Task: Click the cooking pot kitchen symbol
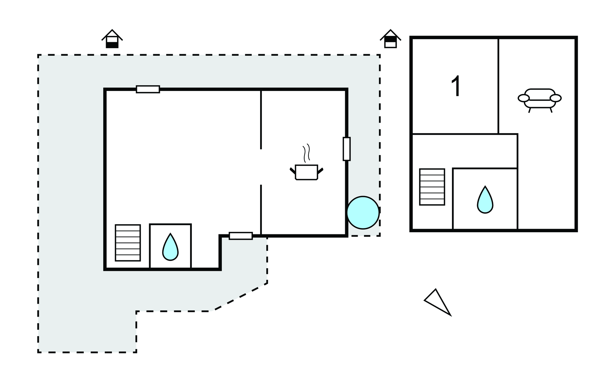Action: (x=306, y=172)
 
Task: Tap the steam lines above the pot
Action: (x=306, y=153)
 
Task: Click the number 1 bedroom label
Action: (x=456, y=86)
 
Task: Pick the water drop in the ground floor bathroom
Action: (x=170, y=247)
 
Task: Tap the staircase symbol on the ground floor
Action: (x=128, y=243)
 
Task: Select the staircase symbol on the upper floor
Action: (x=432, y=187)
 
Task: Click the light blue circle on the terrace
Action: (x=363, y=213)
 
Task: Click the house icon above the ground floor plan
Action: (x=112, y=39)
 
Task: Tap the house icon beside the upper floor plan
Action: (x=390, y=39)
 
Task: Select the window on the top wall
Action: (x=148, y=89)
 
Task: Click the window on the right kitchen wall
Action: (x=347, y=149)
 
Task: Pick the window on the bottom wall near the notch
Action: (x=241, y=236)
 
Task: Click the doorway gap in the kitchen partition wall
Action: (x=261, y=167)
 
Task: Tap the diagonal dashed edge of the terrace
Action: (x=239, y=297)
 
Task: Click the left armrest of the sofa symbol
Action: (x=524, y=98)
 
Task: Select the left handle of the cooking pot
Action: (x=293, y=171)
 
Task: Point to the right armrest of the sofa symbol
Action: (x=556, y=98)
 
